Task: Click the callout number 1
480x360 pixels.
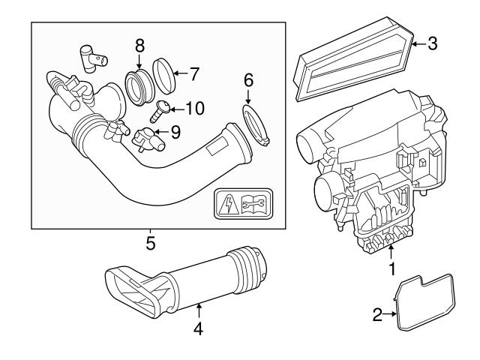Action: coord(390,266)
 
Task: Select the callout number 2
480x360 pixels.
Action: coord(379,315)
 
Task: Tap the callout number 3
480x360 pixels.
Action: coord(432,43)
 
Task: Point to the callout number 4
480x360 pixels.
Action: coord(197,328)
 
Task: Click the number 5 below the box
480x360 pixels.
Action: coord(150,243)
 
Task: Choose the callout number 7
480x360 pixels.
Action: coord(193,73)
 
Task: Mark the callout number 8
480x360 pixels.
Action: coord(140,46)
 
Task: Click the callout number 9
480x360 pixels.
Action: coord(175,132)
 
